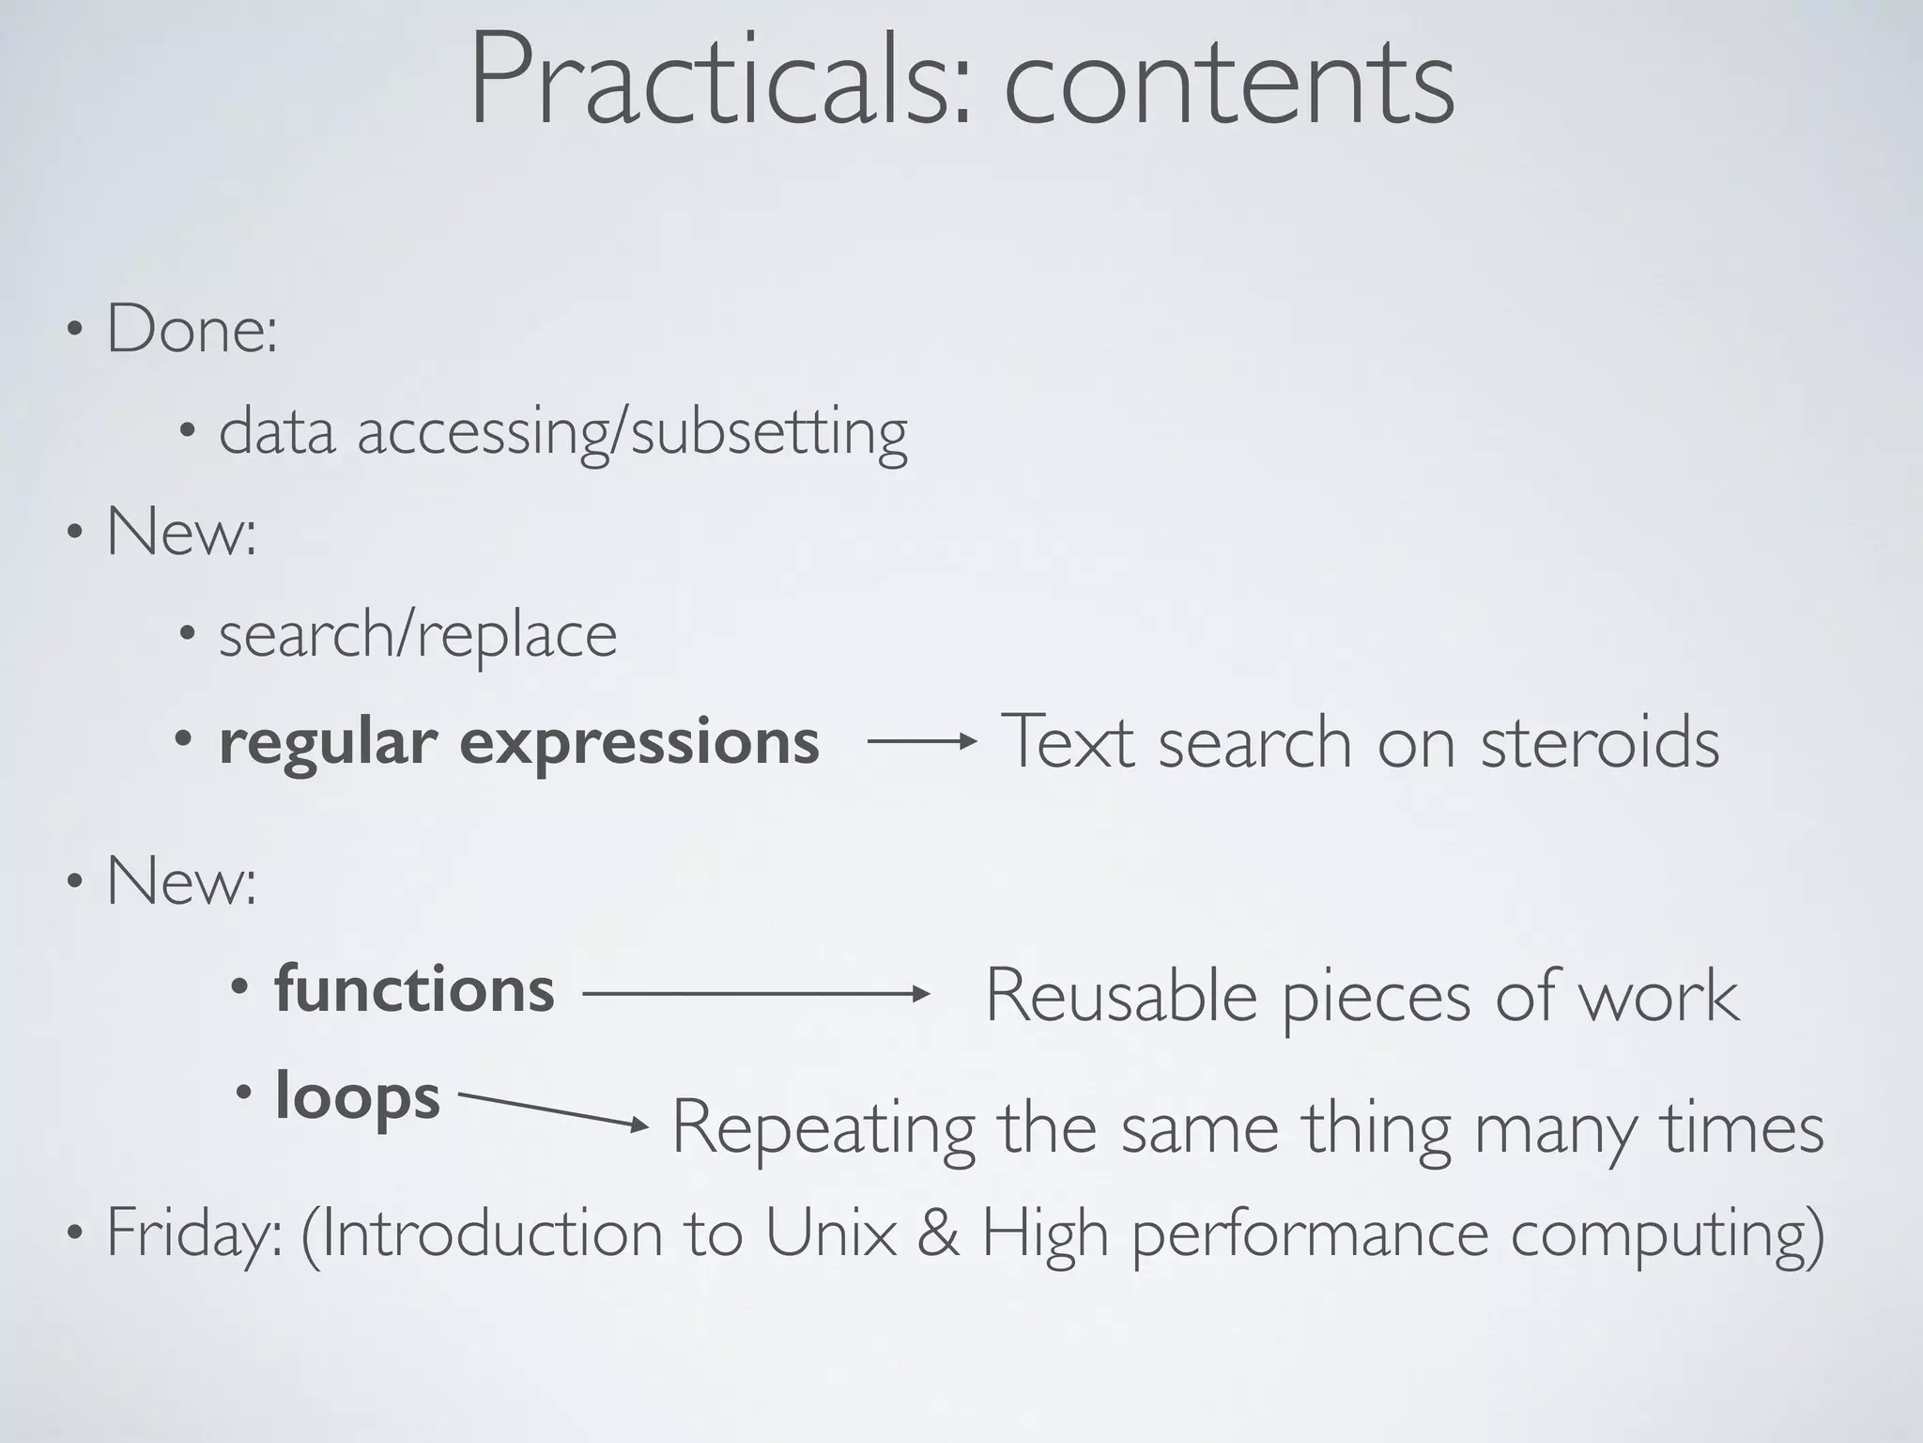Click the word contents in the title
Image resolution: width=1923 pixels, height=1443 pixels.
point(1229,83)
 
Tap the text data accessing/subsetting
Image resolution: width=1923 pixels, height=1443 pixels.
point(563,433)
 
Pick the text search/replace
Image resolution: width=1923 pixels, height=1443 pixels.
point(418,635)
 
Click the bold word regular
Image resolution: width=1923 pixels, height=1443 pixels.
point(328,743)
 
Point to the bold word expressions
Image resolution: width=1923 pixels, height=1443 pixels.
point(638,743)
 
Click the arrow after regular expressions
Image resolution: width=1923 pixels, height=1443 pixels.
point(922,742)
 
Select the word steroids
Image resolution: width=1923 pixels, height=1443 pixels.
point(1600,742)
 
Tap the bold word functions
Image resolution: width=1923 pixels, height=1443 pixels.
point(414,990)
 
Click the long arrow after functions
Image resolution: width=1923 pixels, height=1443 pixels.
point(756,994)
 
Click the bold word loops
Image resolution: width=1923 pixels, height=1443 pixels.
point(357,1097)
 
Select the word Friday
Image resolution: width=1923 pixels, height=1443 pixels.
point(192,1234)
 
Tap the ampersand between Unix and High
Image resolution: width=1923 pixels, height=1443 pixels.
point(938,1233)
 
